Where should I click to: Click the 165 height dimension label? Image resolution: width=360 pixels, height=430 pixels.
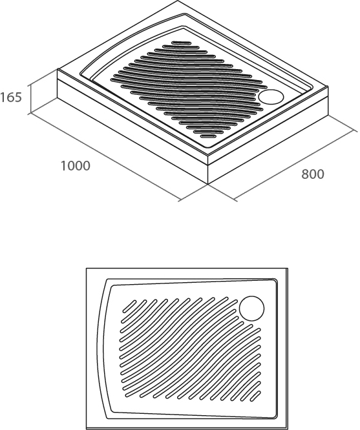(11, 97)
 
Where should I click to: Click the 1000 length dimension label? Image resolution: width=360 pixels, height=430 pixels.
(75, 166)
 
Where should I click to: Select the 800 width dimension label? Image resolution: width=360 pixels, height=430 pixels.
(313, 174)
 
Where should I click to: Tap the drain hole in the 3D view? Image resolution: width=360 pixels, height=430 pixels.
(271, 97)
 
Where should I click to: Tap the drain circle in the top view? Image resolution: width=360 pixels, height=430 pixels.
(251, 308)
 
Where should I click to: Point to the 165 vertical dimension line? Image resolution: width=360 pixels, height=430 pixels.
(30, 99)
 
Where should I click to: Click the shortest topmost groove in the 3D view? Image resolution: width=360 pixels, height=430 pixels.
(181, 43)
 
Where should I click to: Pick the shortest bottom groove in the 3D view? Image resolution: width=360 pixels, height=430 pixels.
(208, 136)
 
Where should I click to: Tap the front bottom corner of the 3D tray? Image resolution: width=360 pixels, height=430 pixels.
(208, 184)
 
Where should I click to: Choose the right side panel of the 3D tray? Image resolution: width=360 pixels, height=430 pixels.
(268, 135)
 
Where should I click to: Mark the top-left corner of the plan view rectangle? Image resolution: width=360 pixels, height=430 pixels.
(86, 268)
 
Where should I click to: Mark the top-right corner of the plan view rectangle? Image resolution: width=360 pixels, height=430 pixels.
(288, 268)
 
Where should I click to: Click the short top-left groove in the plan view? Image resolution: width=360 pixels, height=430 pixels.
(129, 306)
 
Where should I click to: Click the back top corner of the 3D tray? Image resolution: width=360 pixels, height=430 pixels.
(178, 1)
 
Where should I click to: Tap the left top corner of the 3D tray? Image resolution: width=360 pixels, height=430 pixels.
(58, 69)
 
